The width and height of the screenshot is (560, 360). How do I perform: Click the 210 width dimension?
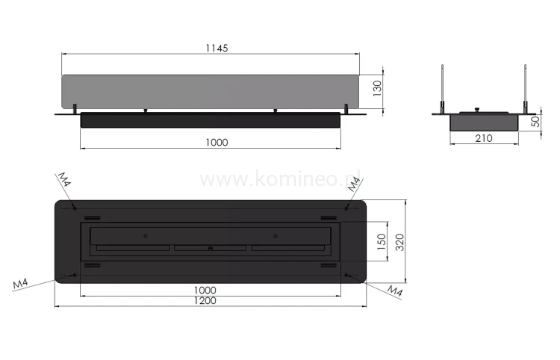click(483, 139)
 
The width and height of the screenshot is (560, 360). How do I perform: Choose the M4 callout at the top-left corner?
click(64, 179)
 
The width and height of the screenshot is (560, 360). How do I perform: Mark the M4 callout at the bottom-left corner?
click(22, 285)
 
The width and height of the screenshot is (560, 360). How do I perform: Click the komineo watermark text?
click(281, 179)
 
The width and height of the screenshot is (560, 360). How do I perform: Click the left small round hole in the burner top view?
click(146, 236)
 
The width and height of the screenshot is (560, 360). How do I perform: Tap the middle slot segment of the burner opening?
click(210, 248)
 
